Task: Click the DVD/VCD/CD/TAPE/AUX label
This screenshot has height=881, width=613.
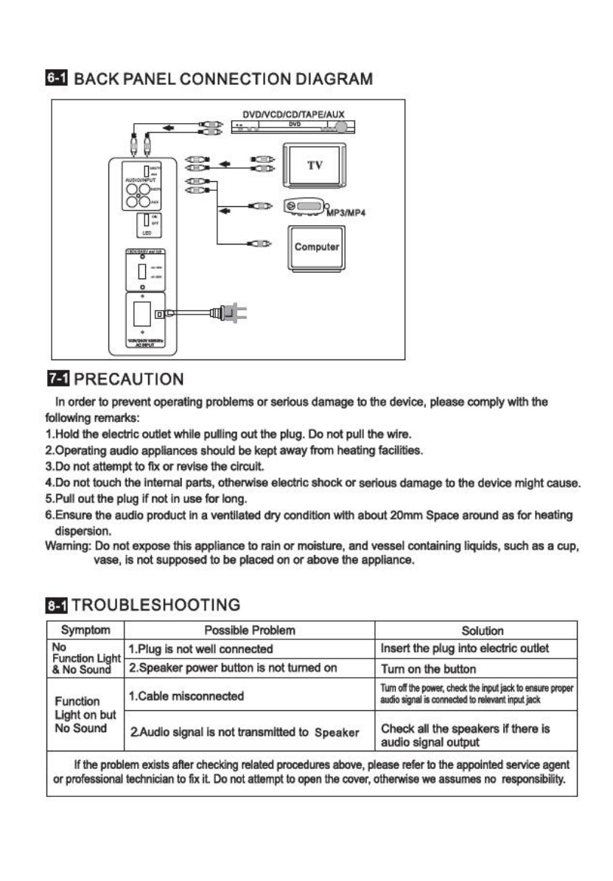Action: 294,114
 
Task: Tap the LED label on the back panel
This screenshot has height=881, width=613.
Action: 147,232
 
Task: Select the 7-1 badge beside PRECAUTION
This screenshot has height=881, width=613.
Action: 57,380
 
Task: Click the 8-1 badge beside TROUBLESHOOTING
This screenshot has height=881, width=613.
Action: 57,605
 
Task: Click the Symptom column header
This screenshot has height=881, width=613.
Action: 86,631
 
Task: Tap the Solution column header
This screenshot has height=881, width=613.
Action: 482,631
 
